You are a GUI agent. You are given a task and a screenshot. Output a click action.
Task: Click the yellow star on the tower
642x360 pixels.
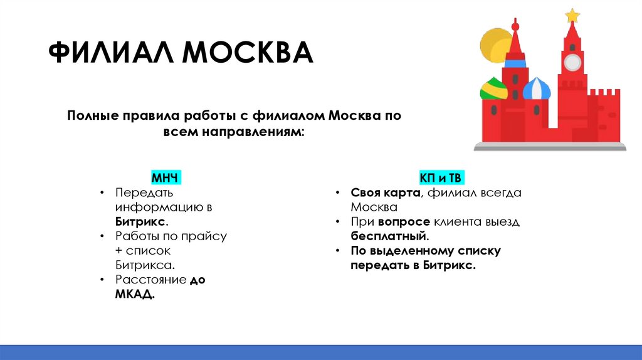coord(572,15)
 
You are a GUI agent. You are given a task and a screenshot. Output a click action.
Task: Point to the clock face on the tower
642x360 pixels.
coord(572,61)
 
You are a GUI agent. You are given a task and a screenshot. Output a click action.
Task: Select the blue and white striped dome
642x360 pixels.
coord(537,89)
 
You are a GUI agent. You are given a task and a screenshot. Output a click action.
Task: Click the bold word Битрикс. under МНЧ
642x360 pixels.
coord(141,222)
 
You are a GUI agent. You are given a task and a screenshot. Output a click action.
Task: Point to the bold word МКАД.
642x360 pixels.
coord(135,295)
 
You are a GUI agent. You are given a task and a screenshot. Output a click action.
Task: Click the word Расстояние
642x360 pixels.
coord(150,280)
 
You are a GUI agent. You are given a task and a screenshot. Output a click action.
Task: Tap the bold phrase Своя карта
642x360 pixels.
coord(384,193)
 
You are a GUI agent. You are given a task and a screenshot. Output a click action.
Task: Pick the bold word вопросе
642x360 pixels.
coord(404,222)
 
